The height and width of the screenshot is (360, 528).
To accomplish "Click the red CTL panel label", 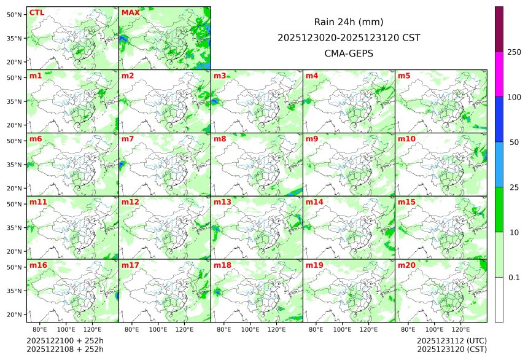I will (x=36, y=13).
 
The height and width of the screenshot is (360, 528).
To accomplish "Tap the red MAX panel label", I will (x=130, y=13).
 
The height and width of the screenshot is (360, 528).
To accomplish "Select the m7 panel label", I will (x=128, y=139).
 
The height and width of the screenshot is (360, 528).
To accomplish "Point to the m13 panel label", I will (x=222, y=202).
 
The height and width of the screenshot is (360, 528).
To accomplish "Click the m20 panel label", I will (x=406, y=265).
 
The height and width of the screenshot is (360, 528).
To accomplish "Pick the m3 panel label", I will (x=220, y=76).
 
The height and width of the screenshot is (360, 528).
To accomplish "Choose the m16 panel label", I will (x=38, y=265).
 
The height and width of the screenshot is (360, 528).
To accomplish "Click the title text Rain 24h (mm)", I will (x=349, y=22).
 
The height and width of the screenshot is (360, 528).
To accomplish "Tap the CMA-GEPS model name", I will (x=349, y=53).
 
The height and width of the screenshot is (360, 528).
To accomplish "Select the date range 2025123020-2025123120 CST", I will (x=349, y=38).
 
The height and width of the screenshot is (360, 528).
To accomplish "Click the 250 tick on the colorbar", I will (x=514, y=52).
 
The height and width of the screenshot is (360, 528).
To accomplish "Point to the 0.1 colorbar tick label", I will (x=514, y=278).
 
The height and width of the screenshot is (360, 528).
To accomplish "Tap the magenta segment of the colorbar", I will (x=499, y=74).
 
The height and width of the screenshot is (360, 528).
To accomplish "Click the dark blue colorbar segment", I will (x=499, y=119).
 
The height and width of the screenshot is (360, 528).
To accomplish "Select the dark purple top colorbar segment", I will (x=499, y=29).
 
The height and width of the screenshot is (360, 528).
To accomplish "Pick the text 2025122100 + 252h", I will (x=65, y=340).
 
